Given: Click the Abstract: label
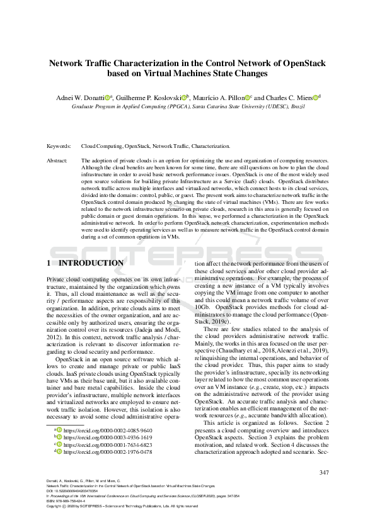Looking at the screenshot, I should pos(59,161).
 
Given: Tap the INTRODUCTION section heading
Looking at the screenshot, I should pos(91,263).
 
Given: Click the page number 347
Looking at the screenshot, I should pos(325,473).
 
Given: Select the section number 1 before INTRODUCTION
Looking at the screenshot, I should pos(49,263).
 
